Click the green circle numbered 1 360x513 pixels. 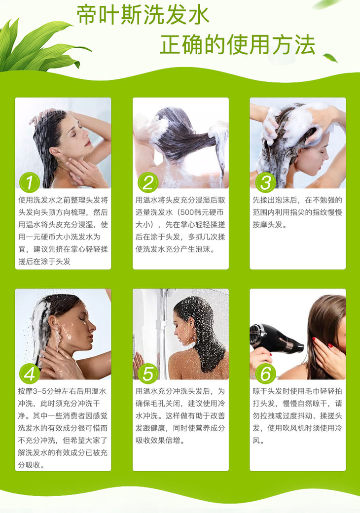click(x=30, y=182)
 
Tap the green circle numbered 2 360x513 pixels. click(x=147, y=182)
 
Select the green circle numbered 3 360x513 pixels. click(x=265, y=182)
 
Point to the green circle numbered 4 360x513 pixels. click(x=30, y=374)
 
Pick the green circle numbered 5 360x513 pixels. click(x=147, y=374)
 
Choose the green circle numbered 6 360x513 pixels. click(x=265, y=374)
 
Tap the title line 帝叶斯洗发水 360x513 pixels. click(x=143, y=15)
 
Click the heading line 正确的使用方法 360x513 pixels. click(x=238, y=44)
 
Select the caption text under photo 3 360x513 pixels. click(x=297, y=212)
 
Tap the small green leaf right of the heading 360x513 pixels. click(x=330, y=58)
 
